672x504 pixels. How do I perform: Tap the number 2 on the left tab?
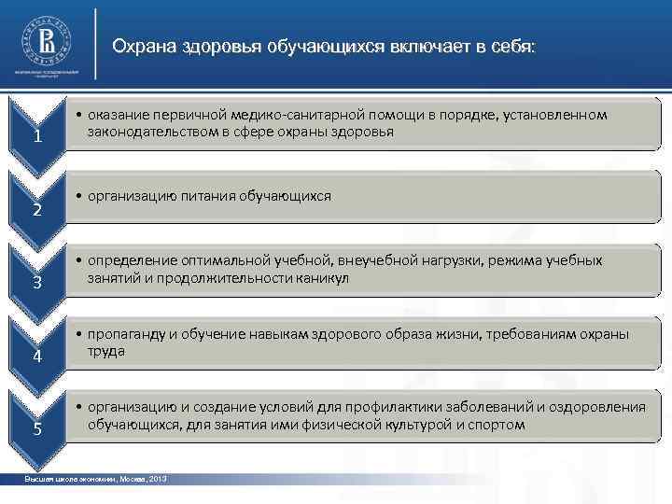36,209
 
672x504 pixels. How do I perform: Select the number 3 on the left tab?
36,284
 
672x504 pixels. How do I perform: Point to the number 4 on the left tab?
36,357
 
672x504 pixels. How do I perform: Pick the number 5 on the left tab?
36,429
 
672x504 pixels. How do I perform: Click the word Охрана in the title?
140,47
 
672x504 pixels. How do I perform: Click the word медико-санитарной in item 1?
304,115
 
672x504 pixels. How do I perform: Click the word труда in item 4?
105,351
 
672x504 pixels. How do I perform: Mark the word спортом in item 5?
498,424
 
